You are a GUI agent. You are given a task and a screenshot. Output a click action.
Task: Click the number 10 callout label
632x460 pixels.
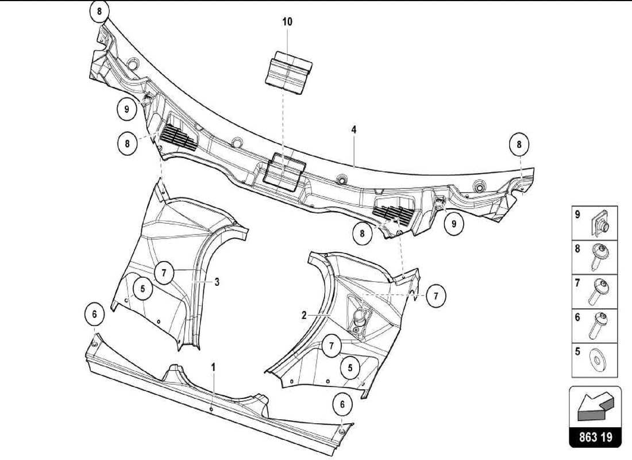point(287,22)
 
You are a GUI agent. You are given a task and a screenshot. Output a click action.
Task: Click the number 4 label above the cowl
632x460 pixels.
point(354,131)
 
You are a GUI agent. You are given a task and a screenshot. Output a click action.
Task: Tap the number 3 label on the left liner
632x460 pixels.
point(217,282)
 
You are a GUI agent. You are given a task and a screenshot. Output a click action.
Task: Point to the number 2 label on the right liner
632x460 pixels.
point(303,315)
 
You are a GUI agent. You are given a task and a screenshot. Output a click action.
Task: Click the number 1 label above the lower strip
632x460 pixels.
point(213,366)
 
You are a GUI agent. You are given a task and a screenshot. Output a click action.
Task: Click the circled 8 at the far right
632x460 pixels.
point(519,145)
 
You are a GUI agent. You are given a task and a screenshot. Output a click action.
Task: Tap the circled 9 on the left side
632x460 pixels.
point(126,108)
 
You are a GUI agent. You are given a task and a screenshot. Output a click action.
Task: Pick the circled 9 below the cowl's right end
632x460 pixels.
point(454,224)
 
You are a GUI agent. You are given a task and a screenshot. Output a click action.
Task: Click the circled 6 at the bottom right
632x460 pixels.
point(342,404)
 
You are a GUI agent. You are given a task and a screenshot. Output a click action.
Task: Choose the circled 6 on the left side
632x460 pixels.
point(95,315)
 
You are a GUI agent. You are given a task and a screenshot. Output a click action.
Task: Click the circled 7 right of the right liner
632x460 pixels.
point(436,296)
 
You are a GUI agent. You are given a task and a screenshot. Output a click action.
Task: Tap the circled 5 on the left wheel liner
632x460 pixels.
point(142,288)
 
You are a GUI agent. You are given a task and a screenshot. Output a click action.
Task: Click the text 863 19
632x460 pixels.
point(595,436)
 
